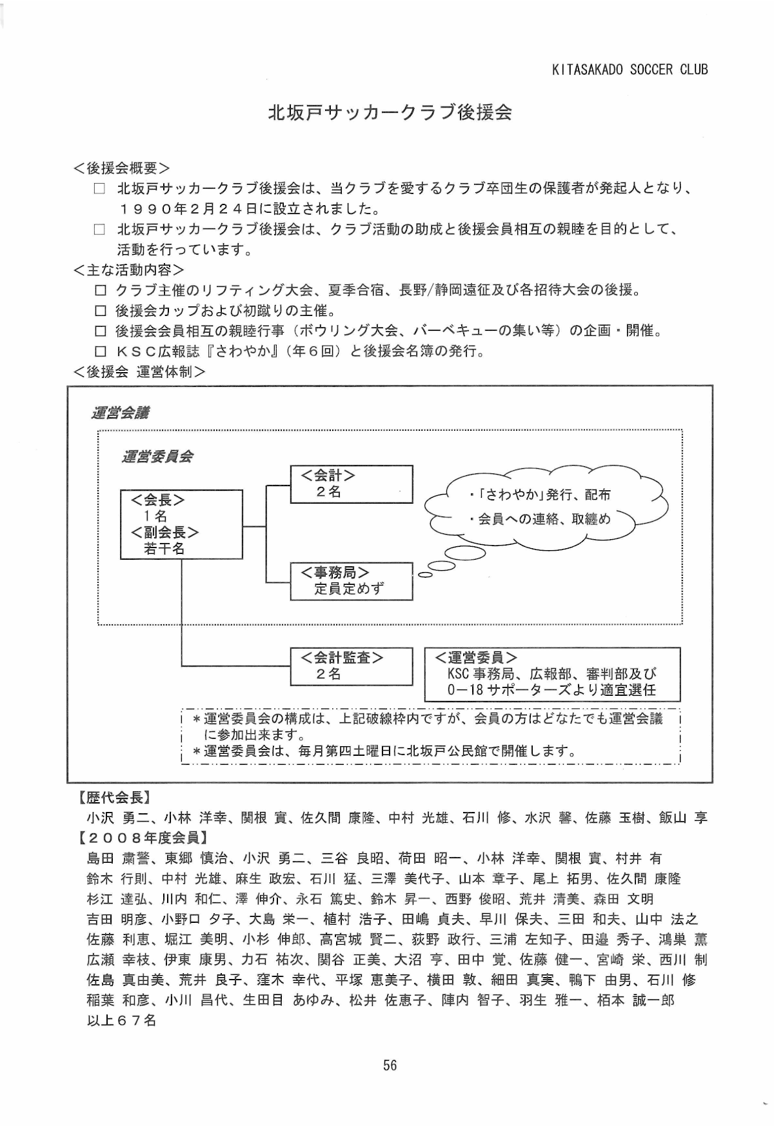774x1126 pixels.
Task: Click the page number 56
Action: pos(390,1065)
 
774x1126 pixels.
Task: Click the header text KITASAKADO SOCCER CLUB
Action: pos(630,70)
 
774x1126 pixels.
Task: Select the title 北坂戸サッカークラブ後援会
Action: pos(390,113)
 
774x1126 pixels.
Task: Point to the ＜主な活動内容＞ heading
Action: pos(128,270)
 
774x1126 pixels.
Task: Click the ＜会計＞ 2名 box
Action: pos(351,484)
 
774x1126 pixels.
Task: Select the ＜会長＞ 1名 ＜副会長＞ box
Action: pos(181,524)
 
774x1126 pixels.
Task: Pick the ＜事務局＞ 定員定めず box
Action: pos(351,581)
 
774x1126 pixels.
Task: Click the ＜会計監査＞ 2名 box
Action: pos(351,666)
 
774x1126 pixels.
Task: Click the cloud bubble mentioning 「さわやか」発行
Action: pos(546,508)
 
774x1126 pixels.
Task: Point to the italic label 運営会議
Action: pos(121,413)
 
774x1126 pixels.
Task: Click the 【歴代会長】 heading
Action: pos(115,797)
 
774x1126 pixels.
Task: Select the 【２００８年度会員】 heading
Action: pos(143,838)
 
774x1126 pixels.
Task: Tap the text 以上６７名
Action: pos(121,1021)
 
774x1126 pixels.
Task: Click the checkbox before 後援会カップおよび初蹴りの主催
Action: pos(100,311)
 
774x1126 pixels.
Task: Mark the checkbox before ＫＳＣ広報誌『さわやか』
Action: pos(100,351)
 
